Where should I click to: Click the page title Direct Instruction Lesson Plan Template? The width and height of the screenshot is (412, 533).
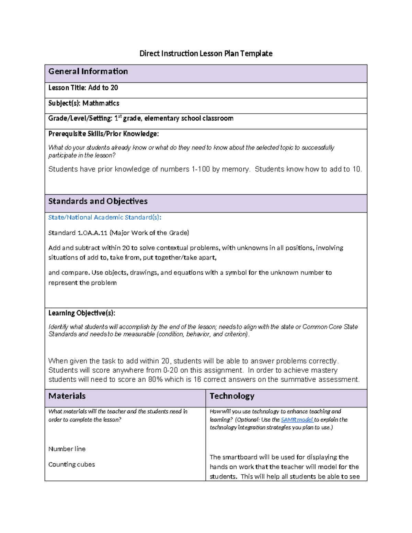click(x=206, y=54)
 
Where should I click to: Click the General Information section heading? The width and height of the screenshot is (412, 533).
click(x=88, y=71)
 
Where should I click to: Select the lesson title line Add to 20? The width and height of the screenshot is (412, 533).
click(x=83, y=88)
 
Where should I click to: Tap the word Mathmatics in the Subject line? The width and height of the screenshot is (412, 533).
click(x=101, y=103)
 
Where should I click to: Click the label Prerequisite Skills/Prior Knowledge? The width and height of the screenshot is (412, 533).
click(x=103, y=134)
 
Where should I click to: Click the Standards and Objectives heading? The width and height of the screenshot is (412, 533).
click(x=98, y=201)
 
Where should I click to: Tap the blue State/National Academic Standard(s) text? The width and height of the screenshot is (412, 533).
click(x=105, y=217)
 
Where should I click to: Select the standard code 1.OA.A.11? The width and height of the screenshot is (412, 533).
click(x=92, y=233)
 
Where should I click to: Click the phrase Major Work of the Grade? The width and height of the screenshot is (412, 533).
click(x=149, y=233)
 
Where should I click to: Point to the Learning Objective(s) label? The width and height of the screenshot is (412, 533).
click(x=82, y=313)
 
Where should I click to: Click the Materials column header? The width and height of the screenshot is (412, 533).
click(x=67, y=396)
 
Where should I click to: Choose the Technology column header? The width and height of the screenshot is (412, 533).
click(x=232, y=396)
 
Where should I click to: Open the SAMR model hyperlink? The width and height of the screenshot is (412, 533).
click(x=297, y=420)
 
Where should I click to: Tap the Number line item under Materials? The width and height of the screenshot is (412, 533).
click(x=67, y=449)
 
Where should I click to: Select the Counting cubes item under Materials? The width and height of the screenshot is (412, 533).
click(x=71, y=464)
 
